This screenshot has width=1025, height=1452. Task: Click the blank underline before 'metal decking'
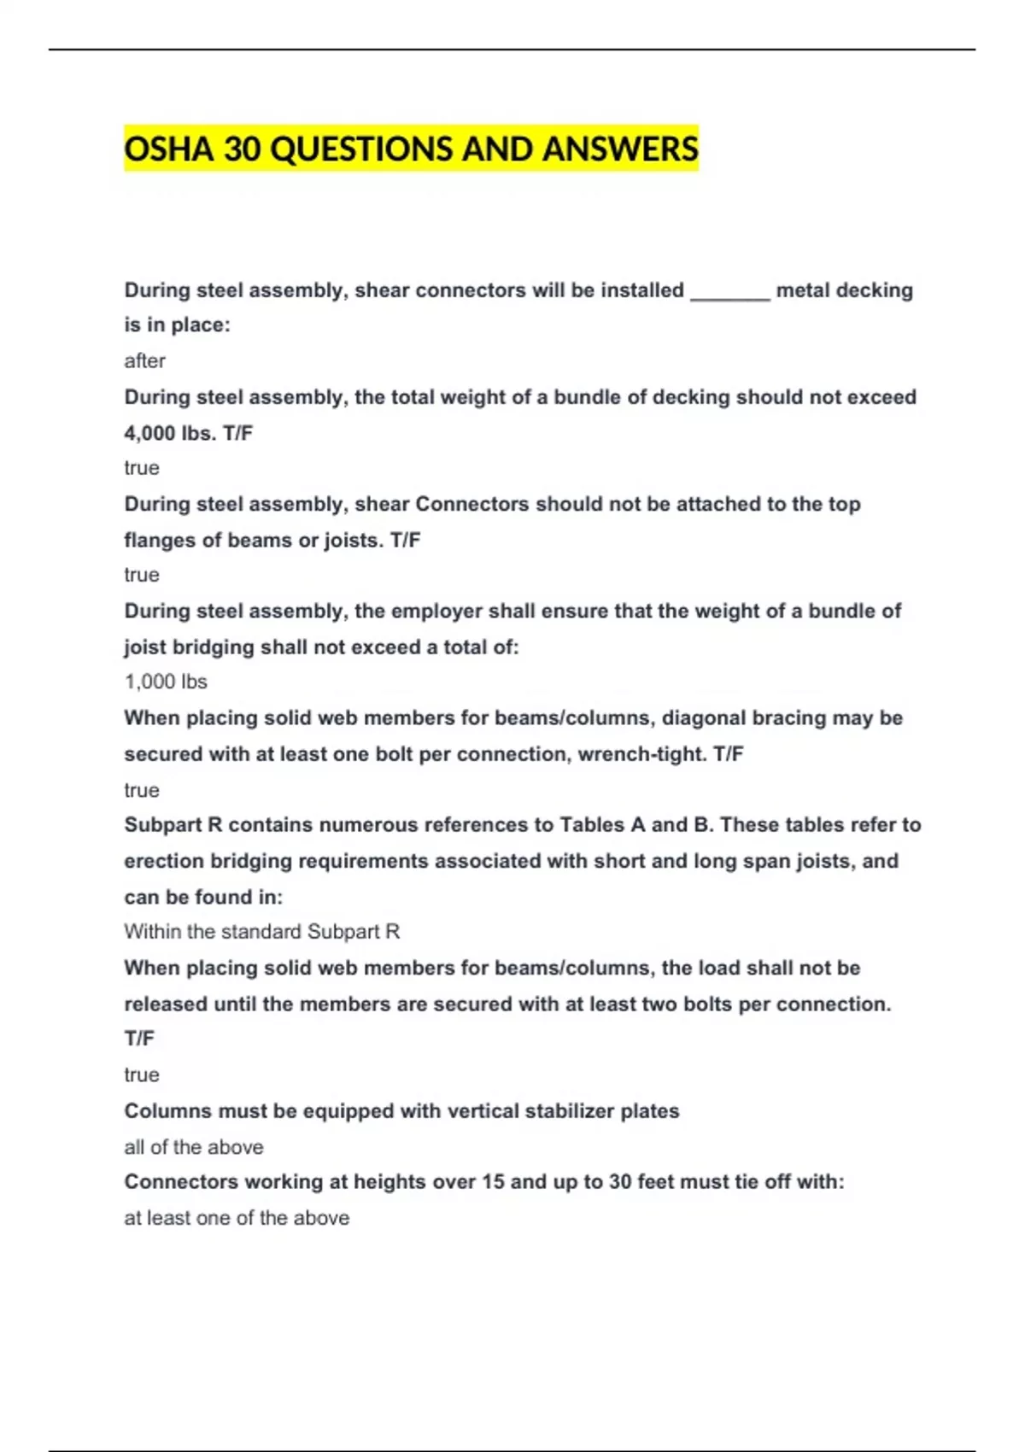[729, 291]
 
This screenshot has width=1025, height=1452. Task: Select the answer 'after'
[144, 361]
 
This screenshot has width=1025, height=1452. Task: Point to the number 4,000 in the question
[149, 433]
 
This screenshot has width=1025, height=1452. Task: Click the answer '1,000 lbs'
[166, 682]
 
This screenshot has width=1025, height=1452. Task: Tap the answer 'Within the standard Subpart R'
[261, 932]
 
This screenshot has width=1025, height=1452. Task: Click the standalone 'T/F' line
[139, 1039]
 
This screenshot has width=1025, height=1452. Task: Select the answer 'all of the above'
[194, 1147]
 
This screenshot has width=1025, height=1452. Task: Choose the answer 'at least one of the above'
[237, 1218]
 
